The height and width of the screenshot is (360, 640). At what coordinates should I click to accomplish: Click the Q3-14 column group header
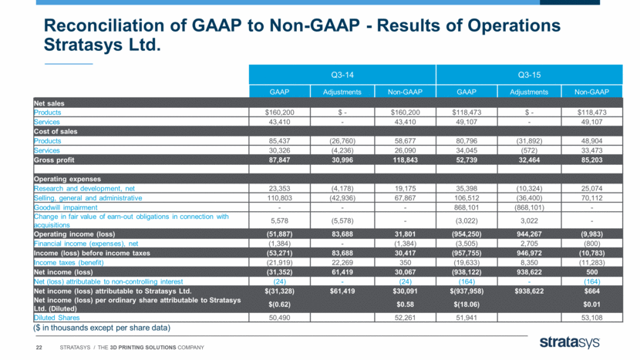[342, 75]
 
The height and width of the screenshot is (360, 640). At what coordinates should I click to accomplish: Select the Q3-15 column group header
[529, 75]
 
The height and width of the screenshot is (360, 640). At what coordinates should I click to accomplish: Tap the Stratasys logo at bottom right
[569, 342]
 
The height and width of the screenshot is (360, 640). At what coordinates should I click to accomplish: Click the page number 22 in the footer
[39, 348]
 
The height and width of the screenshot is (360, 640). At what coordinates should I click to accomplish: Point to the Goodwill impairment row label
[66, 207]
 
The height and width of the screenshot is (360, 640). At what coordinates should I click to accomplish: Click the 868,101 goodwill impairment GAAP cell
[467, 207]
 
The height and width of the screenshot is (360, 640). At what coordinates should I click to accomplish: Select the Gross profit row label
[54, 160]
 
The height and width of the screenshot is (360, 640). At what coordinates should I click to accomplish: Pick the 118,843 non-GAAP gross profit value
[405, 160]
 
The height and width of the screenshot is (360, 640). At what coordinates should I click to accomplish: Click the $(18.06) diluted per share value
[467, 304]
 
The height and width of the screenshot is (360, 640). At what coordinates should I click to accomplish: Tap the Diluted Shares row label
[56, 318]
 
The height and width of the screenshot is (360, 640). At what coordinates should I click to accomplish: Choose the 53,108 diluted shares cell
[592, 318]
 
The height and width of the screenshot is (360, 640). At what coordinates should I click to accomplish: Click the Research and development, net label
[84, 189]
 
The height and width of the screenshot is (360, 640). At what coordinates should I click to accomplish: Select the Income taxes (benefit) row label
[69, 262]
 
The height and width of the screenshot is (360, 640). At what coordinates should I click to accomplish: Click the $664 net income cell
[592, 291]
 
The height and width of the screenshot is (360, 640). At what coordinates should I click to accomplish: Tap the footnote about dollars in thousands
[102, 328]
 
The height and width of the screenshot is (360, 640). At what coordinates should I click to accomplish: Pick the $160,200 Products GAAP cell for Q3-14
[279, 113]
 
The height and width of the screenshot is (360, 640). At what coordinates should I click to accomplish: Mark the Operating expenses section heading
[67, 179]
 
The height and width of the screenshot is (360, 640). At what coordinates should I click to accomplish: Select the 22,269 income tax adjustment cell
[342, 262]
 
